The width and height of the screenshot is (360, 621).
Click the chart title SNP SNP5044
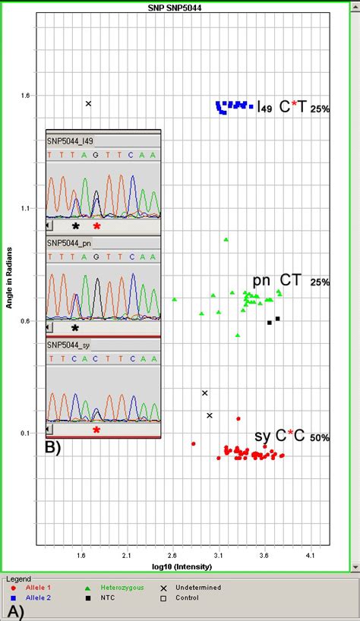click(x=179, y=7)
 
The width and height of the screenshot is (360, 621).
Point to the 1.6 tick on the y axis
click(x=27, y=96)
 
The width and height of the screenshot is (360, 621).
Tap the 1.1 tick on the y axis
click(x=27, y=208)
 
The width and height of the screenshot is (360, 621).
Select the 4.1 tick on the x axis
click(x=310, y=556)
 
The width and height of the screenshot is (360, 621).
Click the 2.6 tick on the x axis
click(x=172, y=556)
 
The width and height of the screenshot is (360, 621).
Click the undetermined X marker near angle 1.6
click(x=88, y=103)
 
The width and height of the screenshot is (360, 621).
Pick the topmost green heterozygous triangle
click(x=226, y=240)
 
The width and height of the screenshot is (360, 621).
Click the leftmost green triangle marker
click(x=174, y=300)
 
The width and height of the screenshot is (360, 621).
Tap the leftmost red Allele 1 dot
click(x=194, y=443)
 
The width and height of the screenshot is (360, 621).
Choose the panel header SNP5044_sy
click(x=69, y=345)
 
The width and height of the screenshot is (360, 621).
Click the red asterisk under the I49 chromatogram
click(x=96, y=226)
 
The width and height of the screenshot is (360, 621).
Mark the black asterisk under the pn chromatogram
click(x=75, y=328)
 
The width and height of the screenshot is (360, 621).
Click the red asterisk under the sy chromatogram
click(x=96, y=430)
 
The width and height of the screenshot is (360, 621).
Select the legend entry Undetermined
click(x=198, y=587)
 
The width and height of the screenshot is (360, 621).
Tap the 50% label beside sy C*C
click(x=319, y=438)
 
